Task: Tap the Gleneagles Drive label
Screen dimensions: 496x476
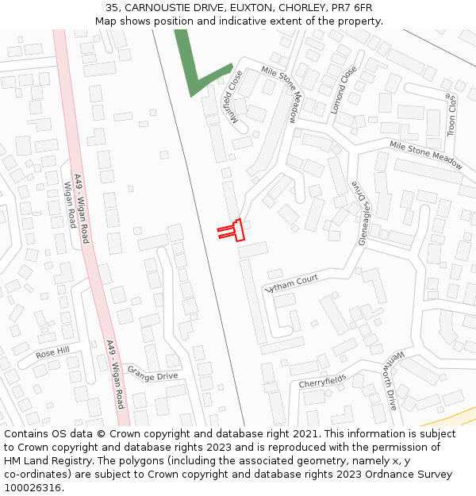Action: (361, 213)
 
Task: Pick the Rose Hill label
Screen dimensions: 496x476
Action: (52, 351)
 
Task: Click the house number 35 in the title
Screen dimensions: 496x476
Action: (111, 8)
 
